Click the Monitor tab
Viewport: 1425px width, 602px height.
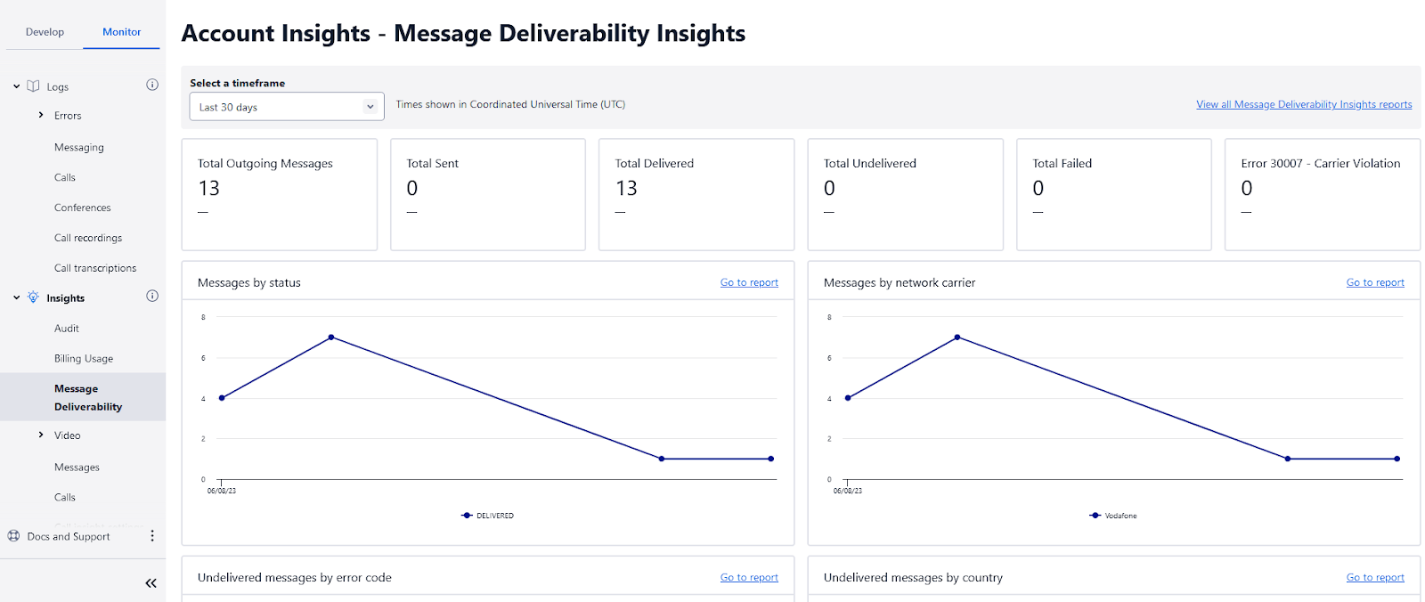[x=121, y=32]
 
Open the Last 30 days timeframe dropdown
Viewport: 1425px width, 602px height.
[x=286, y=107]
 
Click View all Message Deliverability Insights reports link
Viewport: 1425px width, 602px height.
[x=1303, y=104]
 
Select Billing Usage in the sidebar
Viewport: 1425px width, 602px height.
[x=84, y=359]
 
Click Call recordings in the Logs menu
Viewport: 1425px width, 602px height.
[x=88, y=238]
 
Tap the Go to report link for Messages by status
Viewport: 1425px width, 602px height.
[x=748, y=282]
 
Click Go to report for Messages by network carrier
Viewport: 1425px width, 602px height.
[x=1374, y=282]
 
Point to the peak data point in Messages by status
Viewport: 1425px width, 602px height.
[x=331, y=338]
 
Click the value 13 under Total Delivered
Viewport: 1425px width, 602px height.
[x=626, y=189]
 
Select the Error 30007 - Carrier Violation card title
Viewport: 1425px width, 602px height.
[x=1320, y=163]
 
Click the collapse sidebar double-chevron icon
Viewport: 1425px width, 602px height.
[x=151, y=583]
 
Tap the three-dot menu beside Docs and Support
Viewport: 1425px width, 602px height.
[x=152, y=536]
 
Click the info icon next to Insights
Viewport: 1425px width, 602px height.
[x=152, y=297]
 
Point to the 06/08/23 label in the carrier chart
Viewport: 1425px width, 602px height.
[x=847, y=491]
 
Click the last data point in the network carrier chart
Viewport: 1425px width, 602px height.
[x=1396, y=459]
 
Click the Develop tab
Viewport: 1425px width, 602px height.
[x=45, y=32]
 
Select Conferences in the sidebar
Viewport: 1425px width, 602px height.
[x=83, y=207]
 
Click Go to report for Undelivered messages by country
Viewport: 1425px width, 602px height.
[x=1374, y=577]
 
